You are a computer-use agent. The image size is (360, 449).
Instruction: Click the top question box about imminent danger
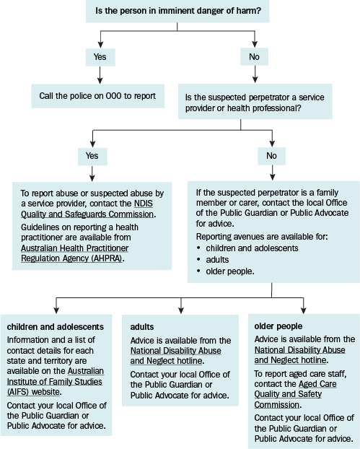click(177, 11)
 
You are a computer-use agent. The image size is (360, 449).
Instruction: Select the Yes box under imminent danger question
click(100, 57)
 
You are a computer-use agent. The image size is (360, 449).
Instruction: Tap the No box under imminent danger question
click(254, 57)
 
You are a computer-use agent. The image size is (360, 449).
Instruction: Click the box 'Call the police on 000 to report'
click(97, 96)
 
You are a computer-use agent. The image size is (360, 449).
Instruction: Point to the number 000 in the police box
click(113, 96)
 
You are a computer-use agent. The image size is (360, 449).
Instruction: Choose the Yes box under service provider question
click(92, 156)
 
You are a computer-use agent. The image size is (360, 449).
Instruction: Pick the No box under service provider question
click(271, 156)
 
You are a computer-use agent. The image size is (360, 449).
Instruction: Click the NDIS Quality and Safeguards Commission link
click(87, 209)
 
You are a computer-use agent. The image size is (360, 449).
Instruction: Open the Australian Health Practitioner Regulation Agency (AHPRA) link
click(75, 253)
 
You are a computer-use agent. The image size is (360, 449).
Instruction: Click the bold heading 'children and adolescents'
click(56, 327)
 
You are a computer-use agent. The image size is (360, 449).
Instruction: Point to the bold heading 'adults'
click(142, 327)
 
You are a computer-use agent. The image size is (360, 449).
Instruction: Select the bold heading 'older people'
click(278, 326)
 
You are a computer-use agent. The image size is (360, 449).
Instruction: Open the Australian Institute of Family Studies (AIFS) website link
click(55, 381)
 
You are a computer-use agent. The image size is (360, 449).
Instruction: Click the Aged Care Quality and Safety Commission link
click(295, 394)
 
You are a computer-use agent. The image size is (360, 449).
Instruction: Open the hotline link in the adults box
click(176, 356)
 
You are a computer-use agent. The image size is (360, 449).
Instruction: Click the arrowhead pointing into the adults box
click(181, 310)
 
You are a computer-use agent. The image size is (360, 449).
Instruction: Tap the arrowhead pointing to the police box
click(100, 80)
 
